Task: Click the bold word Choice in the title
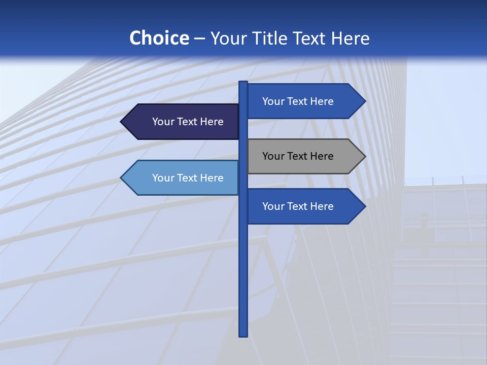159,38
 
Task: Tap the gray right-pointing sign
304,156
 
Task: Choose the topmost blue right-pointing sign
304,101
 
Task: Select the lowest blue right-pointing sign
304,206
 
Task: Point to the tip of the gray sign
364,156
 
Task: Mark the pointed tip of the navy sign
122,122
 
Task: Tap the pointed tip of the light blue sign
122,178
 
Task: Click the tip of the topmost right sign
364,101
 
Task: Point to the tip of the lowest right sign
364,206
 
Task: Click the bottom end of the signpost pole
243,335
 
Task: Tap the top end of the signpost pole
243,83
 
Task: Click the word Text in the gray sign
298,156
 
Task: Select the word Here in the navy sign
212,122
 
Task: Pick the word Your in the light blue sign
163,178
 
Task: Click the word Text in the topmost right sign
298,101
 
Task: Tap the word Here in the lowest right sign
322,206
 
